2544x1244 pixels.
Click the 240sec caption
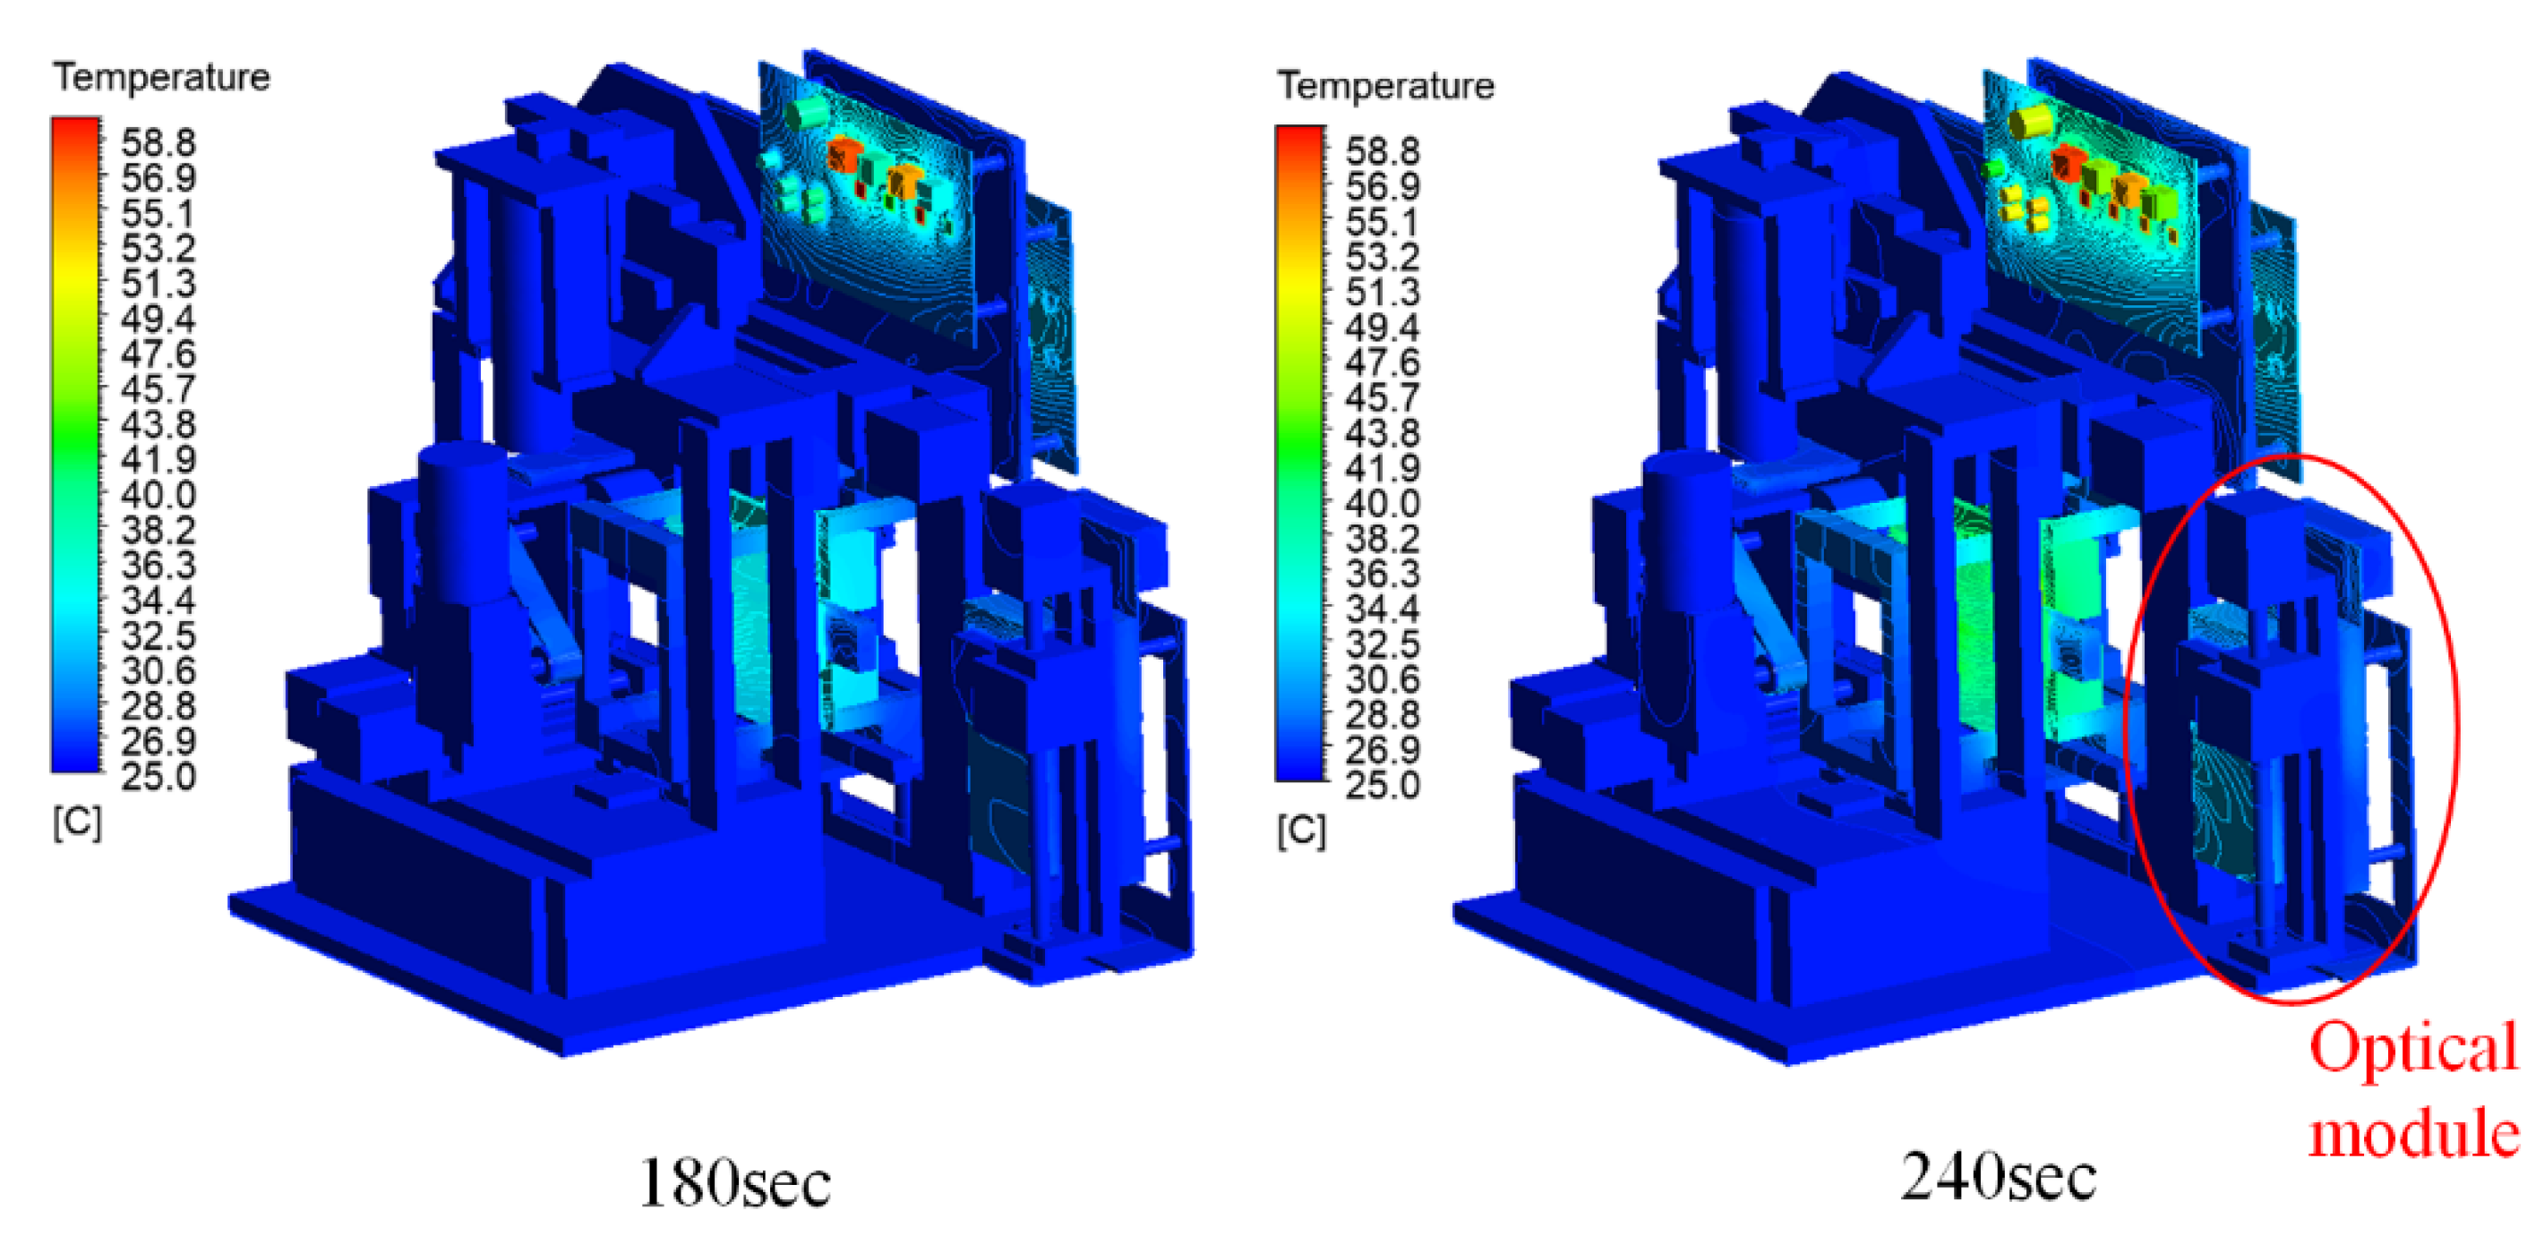click(1999, 1176)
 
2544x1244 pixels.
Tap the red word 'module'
click(2413, 1132)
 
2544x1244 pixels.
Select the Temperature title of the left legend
click(162, 77)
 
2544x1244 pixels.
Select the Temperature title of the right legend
click(1386, 86)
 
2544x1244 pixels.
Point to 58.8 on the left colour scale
click(158, 142)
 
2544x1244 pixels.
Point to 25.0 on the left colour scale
click(158, 776)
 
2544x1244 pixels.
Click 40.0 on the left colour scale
click(158, 495)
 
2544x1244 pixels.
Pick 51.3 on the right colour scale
click(1383, 293)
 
